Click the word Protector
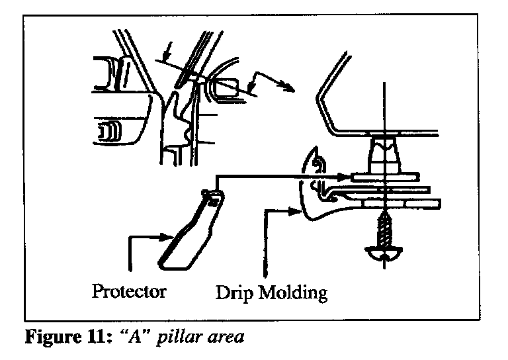(128, 291)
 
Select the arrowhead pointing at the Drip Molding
(294, 211)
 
